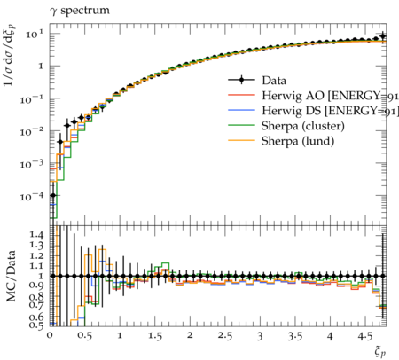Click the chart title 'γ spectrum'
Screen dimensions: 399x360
pyautogui.click(x=80, y=11)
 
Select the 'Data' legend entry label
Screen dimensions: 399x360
pyautogui.click(x=274, y=81)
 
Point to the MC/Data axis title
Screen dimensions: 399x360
pyautogui.click(x=11, y=276)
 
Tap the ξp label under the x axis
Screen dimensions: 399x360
pyautogui.click(x=380, y=352)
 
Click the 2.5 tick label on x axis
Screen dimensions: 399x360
pyautogui.click(x=225, y=336)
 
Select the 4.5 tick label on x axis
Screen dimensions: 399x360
pyautogui.click(x=365, y=336)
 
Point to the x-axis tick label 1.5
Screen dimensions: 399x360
pyautogui.click(x=155, y=336)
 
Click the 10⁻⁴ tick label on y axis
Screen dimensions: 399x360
pyautogui.click(x=32, y=196)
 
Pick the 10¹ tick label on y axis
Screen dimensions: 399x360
pyautogui.click(x=35, y=35)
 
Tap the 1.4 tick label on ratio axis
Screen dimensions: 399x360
pyautogui.click(x=36, y=235)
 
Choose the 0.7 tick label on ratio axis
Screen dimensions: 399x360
pyautogui.click(x=36, y=304)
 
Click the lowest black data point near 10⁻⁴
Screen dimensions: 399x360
pyautogui.click(x=53, y=195)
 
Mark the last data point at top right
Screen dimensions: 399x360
pyautogui.click(x=383, y=36)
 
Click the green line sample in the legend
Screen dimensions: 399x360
pyautogui.click(x=241, y=125)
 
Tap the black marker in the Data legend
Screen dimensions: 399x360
pyautogui.click(x=241, y=80)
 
